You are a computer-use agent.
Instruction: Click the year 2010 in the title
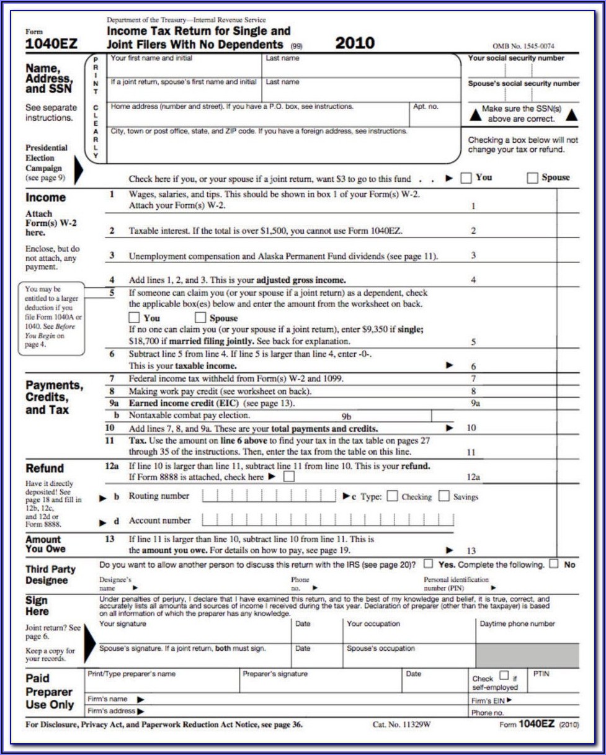pos(355,43)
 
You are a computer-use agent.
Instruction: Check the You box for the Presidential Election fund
pos(466,178)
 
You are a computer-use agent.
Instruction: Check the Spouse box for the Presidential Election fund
pos(532,178)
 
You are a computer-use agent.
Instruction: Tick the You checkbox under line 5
pos(134,318)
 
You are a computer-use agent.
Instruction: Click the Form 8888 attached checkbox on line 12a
pos(288,477)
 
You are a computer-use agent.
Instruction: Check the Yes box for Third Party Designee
pos(428,565)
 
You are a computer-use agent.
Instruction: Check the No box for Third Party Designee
pos(554,565)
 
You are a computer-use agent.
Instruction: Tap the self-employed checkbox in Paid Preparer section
pos(504,676)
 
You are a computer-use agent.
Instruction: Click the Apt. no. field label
pos(426,106)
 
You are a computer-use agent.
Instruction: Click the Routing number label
pos(159,496)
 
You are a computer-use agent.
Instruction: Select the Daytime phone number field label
pos(517,623)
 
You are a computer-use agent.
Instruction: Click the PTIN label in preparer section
pos(542,672)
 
